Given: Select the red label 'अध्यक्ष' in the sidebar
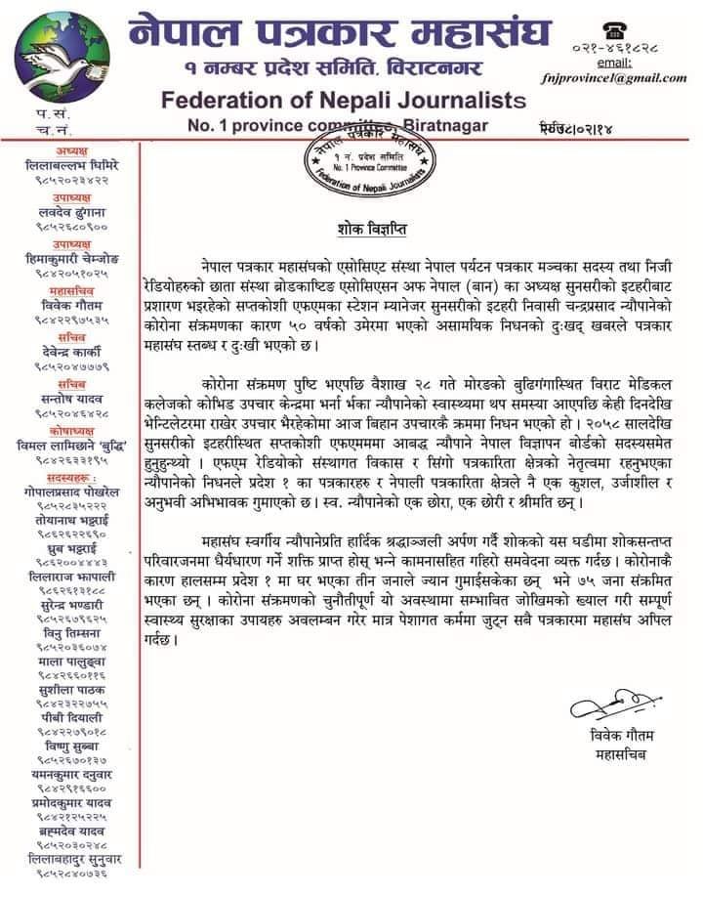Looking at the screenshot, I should (73, 152).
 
